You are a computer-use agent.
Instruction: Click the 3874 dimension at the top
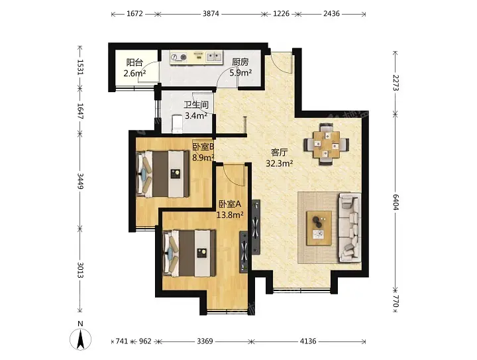click(211, 14)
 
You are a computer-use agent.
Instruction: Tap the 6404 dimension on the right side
click(396, 202)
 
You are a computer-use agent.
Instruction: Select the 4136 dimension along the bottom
click(308, 341)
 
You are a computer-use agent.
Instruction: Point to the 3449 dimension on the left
click(80, 181)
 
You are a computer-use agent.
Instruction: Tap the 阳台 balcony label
click(134, 63)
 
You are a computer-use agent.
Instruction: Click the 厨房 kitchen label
click(240, 62)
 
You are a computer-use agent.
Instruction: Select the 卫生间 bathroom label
click(196, 105)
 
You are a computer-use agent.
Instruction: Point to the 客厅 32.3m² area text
click(280, 158)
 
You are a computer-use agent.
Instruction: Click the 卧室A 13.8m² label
click(230, 210)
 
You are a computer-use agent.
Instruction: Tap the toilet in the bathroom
click(177, 124)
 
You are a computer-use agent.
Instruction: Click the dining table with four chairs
click(327, 144)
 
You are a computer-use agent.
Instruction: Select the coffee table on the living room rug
click(319, 228)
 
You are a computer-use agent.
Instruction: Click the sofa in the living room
click(350, 227)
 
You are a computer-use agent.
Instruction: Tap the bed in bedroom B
click(163, 174)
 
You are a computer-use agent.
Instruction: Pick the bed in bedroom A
click(189, 253)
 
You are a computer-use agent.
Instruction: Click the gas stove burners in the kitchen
click(178, 57)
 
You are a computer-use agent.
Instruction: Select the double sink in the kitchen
click(214, 56)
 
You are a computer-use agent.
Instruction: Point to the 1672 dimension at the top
click(134, 14)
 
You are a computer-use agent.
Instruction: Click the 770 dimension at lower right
click(396, 300)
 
